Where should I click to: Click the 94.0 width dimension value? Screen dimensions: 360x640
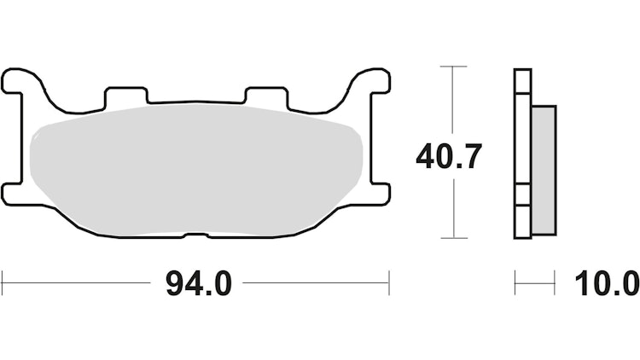(x=197, y=282)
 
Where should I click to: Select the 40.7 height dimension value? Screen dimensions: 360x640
(x=450, y=157)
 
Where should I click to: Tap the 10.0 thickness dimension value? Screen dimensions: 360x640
(x=606, y=282)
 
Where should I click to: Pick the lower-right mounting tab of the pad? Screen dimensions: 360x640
(x=376, y=194)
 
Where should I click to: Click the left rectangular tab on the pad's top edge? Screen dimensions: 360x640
(x=125, y=94)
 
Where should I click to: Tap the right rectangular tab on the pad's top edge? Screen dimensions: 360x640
(x=264, y=94)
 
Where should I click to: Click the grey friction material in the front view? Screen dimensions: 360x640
(x=196, y=166)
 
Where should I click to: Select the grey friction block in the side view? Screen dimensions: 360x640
(x=543, y=171)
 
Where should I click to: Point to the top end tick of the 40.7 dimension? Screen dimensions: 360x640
(x=454, y=66)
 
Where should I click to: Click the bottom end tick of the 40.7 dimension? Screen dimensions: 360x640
(x=454, y=238)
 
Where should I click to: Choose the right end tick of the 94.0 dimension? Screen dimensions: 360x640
(x=389, y=282)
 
